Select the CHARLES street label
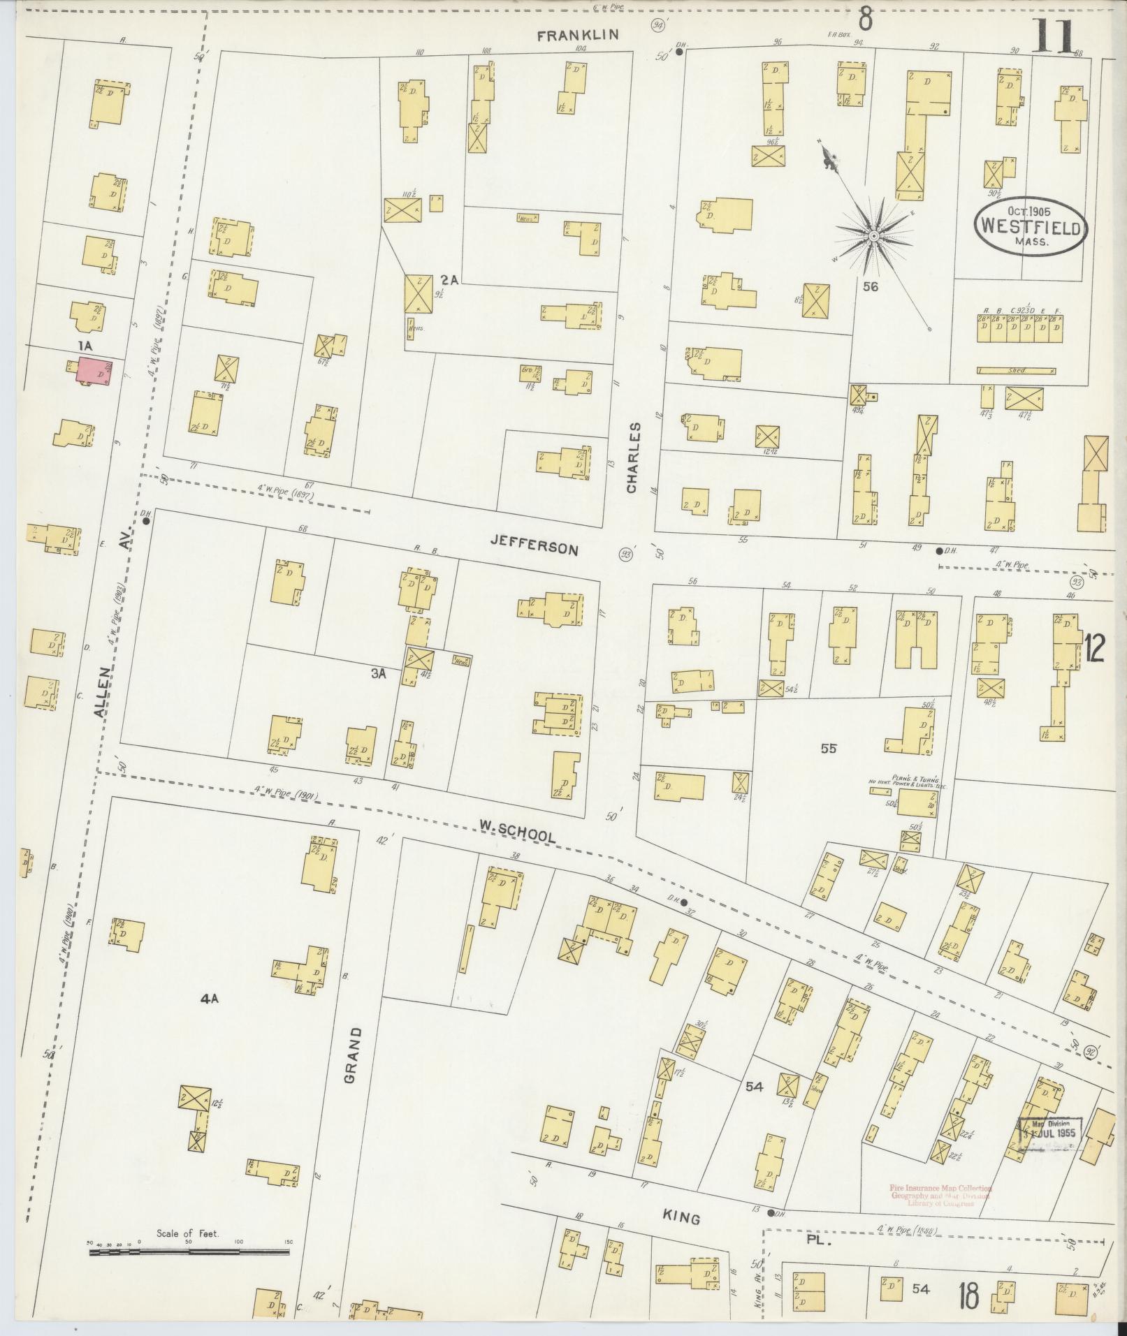pos(634,458)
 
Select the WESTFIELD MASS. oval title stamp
pos(1032,226)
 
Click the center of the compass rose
pos(873,237)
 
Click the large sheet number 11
pos(1054,36)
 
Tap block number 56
pos(869,286)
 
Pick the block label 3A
pos(379,674)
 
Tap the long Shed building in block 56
pos(1016,371)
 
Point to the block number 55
pos(829,749)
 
